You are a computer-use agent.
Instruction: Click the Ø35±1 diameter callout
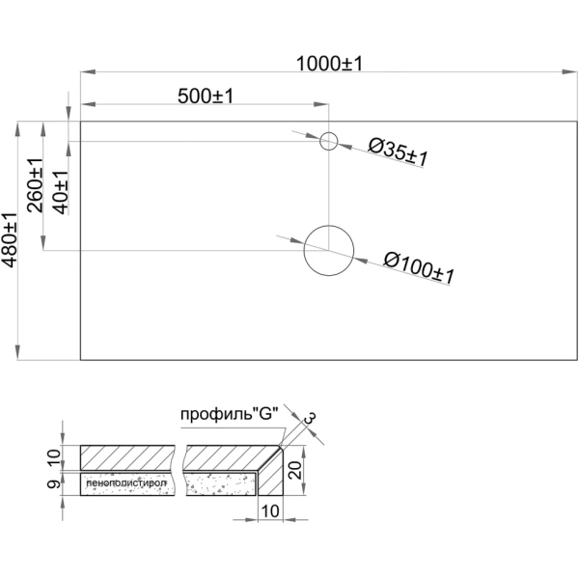pos(399,152)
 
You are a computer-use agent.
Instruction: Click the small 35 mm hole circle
pos(329,142)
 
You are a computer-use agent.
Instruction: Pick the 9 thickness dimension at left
pos(54,482)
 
